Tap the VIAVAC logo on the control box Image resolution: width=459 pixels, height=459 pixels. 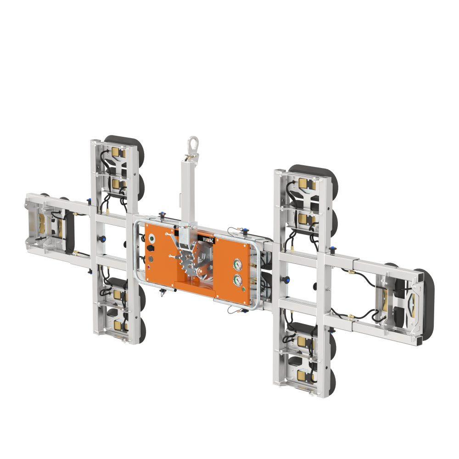(x=208, y=239)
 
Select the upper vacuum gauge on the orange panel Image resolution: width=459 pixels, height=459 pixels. (x=238, y=264)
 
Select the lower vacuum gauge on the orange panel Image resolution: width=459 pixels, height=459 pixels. (x=238, y=280)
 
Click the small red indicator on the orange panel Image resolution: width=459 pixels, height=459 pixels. (x=148, y=267)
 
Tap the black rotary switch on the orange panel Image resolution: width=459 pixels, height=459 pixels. (x=151, y=248)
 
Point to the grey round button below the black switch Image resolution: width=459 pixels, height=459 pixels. (x=151, y=259)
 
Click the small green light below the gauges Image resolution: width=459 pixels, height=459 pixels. (x=244, y=289)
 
